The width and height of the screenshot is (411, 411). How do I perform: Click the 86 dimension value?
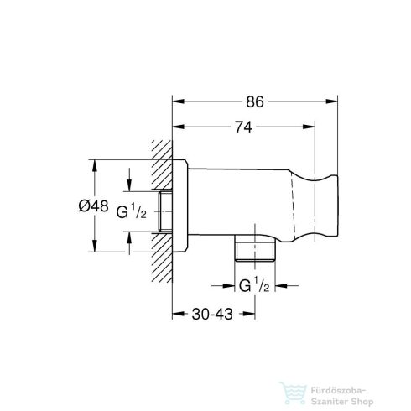[255, 102]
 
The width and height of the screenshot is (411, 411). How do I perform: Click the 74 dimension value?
[243, 127]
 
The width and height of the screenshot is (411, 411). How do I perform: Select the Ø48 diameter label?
[93, 206]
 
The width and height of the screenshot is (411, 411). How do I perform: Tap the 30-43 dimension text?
[212, 314]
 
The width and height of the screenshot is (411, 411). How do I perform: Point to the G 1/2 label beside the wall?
[131, 211]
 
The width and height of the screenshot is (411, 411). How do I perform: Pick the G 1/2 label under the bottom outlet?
[254, 285]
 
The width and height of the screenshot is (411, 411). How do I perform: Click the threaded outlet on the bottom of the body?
[255, 248]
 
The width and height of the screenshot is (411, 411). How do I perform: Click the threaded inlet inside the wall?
[165, 211]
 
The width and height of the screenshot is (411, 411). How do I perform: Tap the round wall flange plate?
[180, 205]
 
